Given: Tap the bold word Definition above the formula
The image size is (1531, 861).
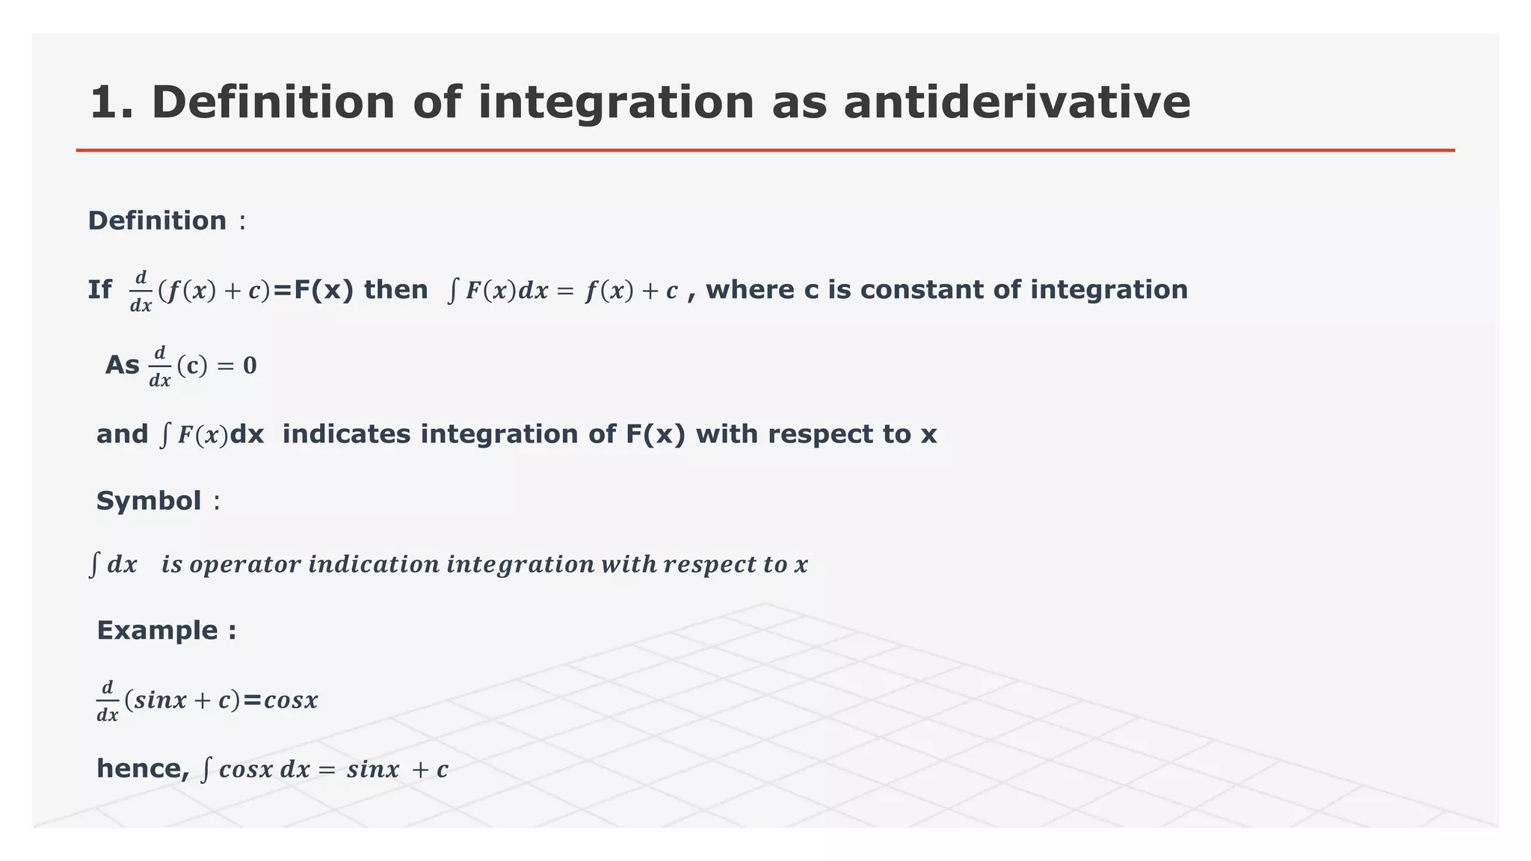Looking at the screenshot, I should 157,221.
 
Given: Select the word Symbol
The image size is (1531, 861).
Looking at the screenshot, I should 149,501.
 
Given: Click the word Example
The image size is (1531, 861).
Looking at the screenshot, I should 157,631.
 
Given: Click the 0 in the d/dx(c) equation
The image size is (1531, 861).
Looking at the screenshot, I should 250,365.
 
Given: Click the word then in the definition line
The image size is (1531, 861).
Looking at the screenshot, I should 395,290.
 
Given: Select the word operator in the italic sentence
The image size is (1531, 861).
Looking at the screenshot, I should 244,565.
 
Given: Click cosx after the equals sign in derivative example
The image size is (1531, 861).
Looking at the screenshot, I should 291,700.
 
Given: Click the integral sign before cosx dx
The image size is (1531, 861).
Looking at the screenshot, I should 207,769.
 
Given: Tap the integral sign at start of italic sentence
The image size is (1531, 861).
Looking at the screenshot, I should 94,564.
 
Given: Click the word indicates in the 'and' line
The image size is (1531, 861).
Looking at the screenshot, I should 346,434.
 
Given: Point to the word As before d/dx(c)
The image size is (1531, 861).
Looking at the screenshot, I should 122,365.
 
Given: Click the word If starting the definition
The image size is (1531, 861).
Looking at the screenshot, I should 99,290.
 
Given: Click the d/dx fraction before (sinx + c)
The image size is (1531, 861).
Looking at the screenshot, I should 108,701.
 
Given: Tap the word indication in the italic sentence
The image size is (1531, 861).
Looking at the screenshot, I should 373,564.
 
